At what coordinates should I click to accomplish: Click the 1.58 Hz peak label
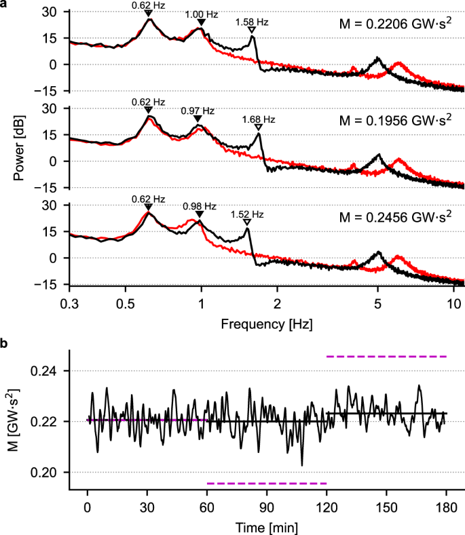click(252, 22)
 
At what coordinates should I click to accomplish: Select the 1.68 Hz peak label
click(259, 119)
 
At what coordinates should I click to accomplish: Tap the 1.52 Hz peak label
click(247, 214)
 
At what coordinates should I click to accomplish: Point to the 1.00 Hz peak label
click(201, 15)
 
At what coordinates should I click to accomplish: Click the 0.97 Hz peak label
click(198, 111)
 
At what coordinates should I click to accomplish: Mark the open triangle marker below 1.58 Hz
click(252, 31)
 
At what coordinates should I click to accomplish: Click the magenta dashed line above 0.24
click(386, 356)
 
